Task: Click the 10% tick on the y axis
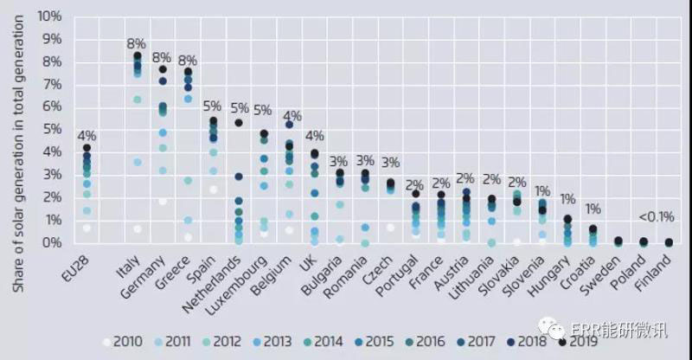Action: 48,16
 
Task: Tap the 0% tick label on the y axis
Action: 52,243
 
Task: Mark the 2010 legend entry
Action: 121,341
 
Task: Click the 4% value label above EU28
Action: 86,135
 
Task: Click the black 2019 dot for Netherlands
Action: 238,123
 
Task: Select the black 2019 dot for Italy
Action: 137,56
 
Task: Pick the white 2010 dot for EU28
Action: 86,228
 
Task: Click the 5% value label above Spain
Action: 213,108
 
